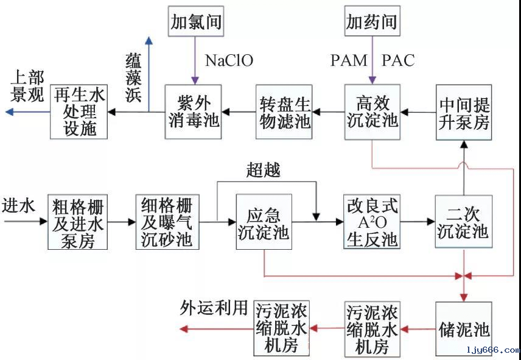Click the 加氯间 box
coord(195,23)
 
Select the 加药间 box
coord(371,23)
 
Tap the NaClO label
coord(229,60)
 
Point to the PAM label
coord(349,60)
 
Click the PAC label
coord(398,60)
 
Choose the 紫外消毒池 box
coord(192,111)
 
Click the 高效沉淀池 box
coord(371,111)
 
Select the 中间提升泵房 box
coord(464,111)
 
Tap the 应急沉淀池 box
coord(263,222)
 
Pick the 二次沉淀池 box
coord(464,222)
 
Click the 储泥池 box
coord(464,329)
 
